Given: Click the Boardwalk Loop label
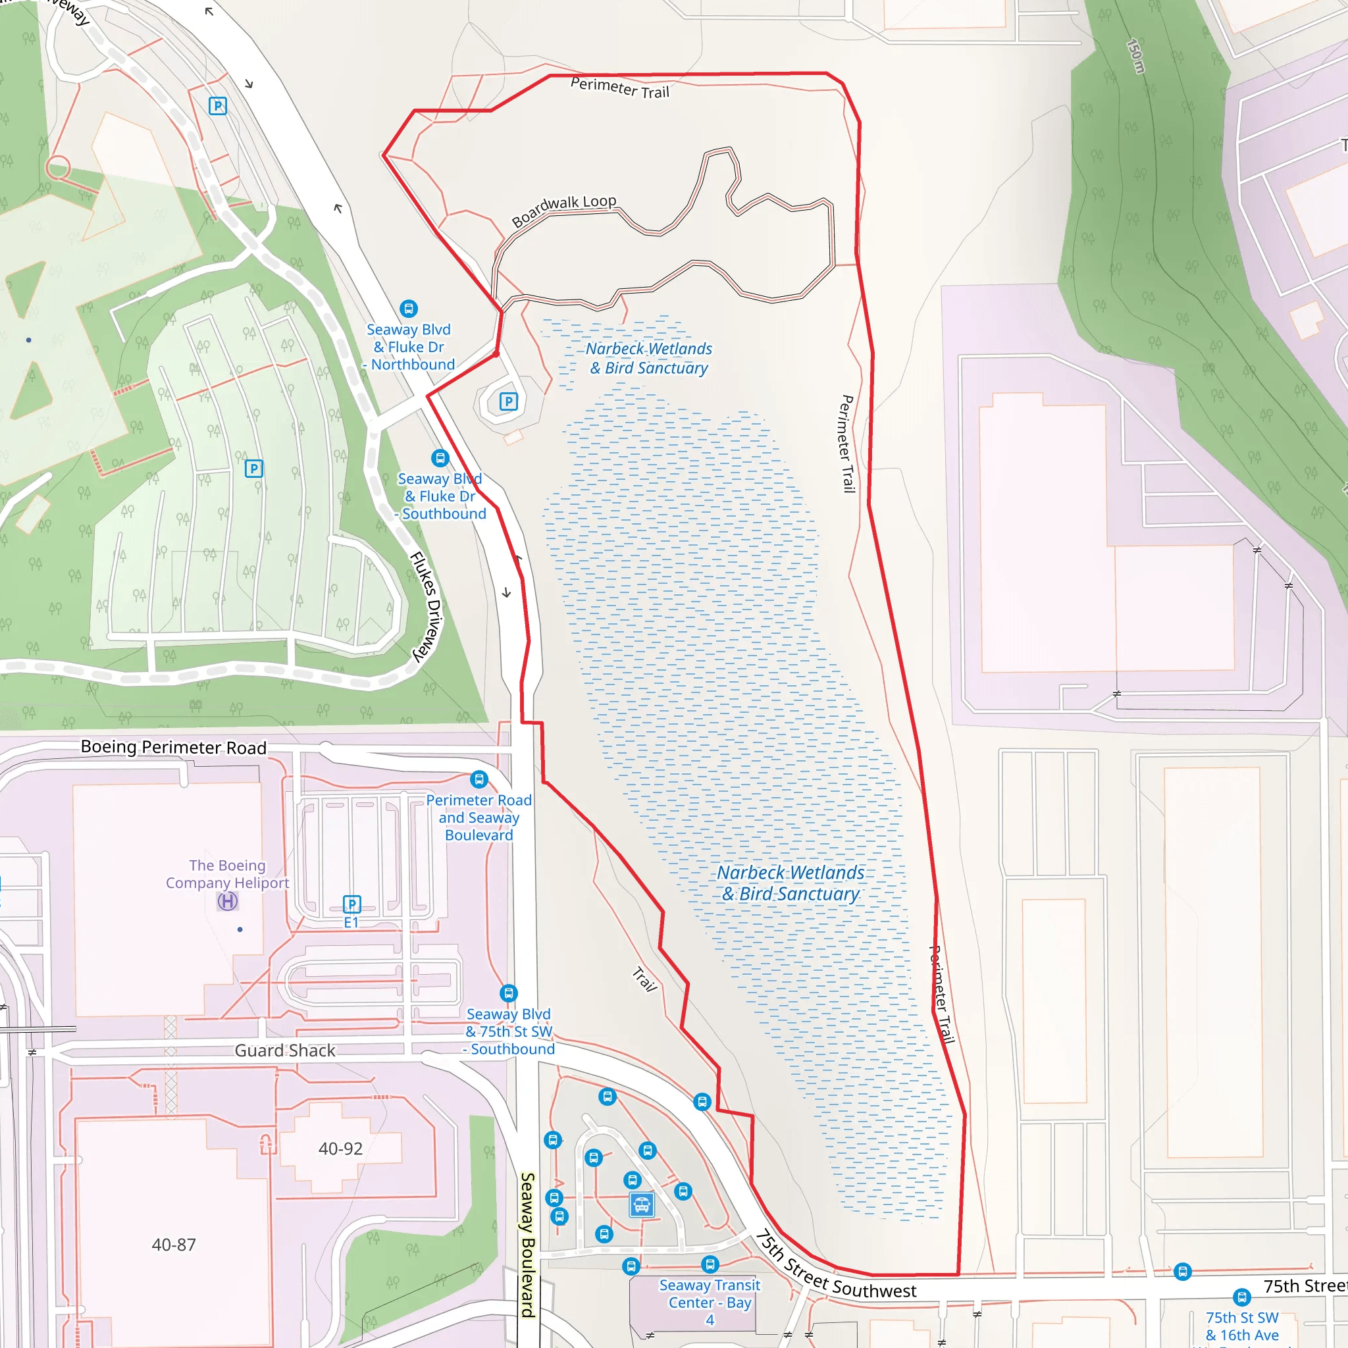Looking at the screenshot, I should [564, 210].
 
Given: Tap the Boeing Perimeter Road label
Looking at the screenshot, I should [174, 747].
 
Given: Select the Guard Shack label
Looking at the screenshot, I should [284, 1050].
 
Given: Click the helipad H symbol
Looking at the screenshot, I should [228, 902].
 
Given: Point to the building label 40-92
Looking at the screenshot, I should [340, 1149].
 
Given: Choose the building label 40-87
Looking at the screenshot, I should [174, 1245].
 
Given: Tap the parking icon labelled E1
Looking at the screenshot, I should [352, 905].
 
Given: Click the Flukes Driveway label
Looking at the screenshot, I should [427, 606].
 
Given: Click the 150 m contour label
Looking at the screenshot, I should [1136, 56].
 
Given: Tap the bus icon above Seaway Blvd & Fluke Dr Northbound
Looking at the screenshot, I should [409, 309].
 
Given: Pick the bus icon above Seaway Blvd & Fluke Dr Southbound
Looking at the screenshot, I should [440, 457].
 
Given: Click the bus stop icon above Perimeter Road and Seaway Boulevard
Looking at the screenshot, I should [479, 779].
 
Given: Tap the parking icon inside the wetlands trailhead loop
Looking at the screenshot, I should [509, 402].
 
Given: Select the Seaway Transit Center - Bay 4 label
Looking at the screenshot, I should [710, 1302].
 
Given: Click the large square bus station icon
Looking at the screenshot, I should [641, 1205].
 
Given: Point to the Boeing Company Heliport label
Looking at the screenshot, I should [228, 874].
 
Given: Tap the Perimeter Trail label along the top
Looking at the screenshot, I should [619, 88].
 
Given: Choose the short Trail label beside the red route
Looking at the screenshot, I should [644, 979].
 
